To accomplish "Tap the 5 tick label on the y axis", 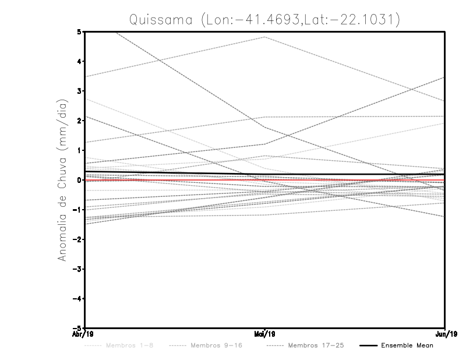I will click(79, 31).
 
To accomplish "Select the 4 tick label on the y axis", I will click(79, 61).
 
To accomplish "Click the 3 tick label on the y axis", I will click(79, 91).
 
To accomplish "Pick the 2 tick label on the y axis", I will click(79, 121).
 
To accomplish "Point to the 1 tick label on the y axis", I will click(79, 150).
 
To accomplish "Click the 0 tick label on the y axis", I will click(79, 180).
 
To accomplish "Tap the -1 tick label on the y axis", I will click(77, 210).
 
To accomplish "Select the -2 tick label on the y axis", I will click(77, 239).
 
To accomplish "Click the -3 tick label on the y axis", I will click(77, 269).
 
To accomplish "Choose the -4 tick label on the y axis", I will click(77, 299).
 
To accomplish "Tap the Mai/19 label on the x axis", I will click(265, 334).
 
